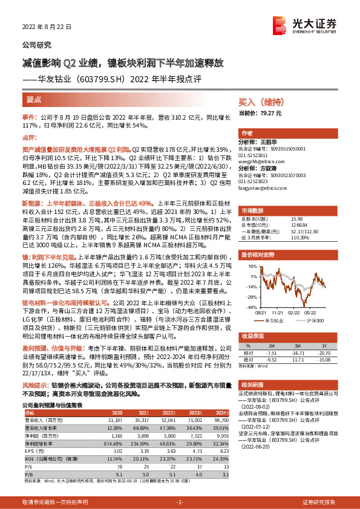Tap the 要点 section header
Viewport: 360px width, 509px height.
(x=34, y=99)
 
